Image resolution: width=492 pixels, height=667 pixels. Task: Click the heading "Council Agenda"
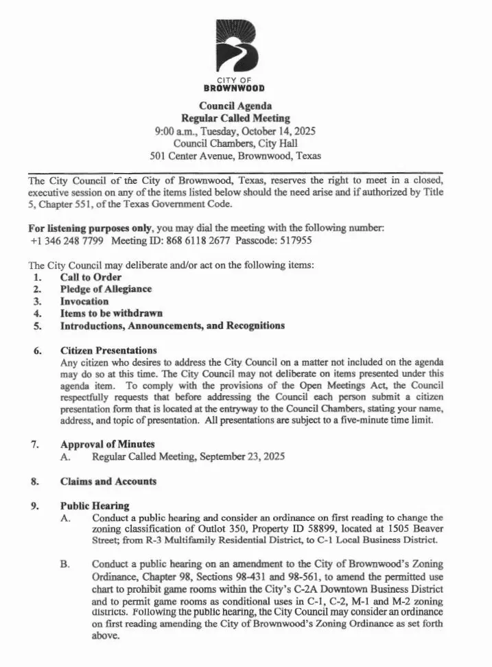[235, 106]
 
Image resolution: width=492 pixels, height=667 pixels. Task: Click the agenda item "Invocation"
[84, 301]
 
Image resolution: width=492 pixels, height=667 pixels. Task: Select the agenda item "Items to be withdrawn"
[111, 313]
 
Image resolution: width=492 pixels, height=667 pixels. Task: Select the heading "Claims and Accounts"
[108, 481]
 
